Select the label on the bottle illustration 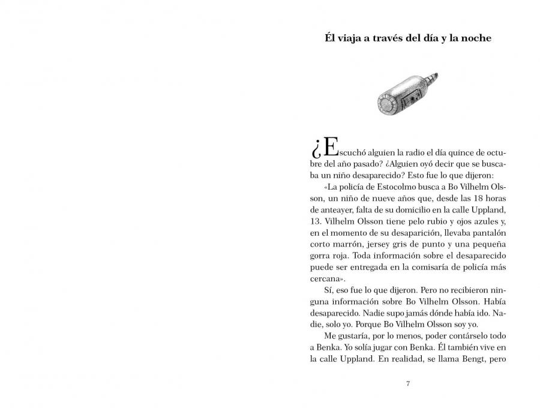(409, 95)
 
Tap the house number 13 (316, 220)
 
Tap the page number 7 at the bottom (408, 383)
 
